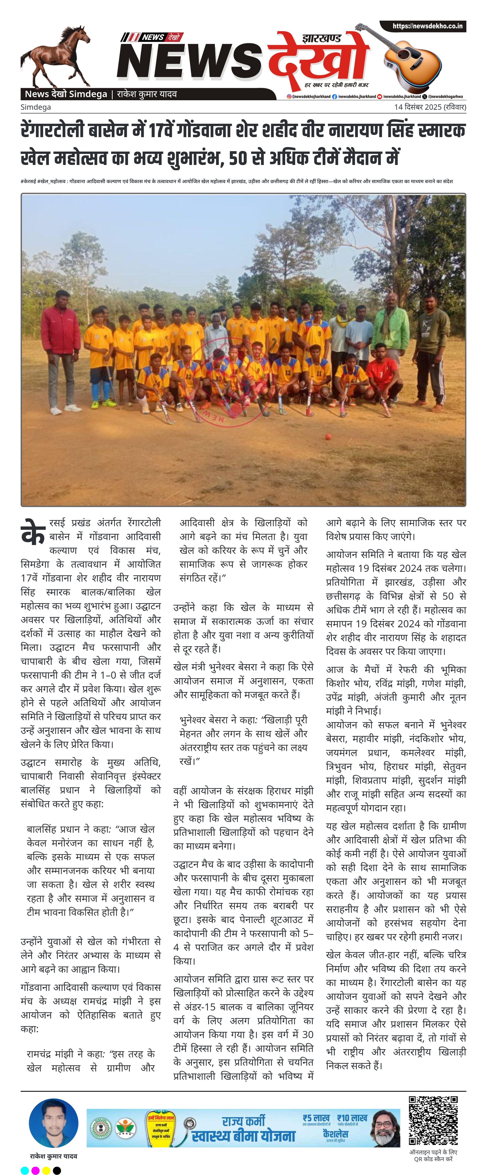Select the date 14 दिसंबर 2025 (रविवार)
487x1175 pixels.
pos(430,107)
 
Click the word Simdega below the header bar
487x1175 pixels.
pos(36,107)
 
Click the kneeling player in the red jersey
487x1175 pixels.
pos(382,374)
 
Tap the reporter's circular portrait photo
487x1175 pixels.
pos(53,1123)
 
